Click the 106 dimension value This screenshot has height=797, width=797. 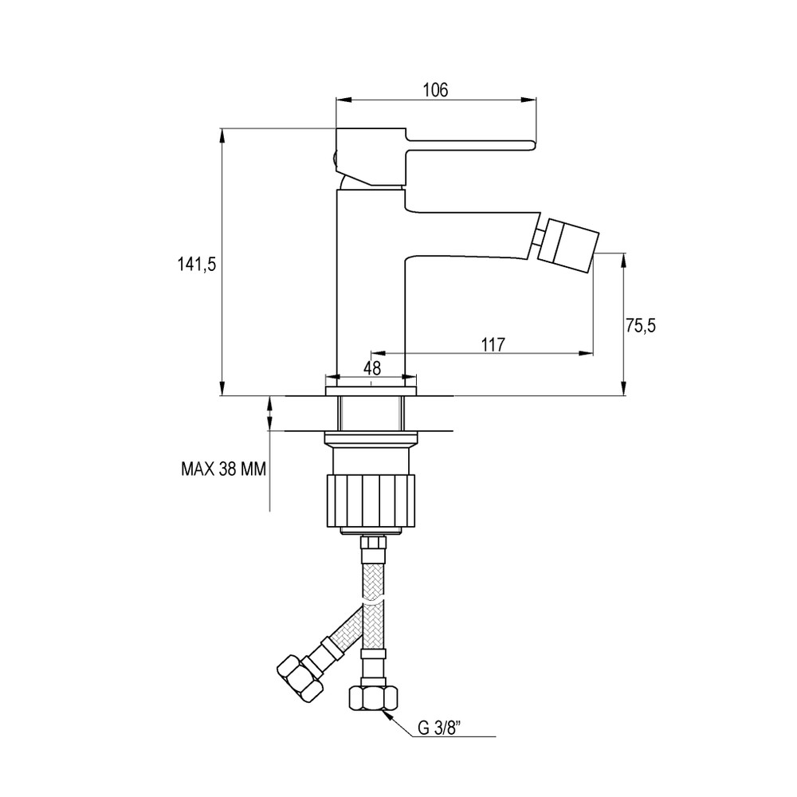coord(435,90)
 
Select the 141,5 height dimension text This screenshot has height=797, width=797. coord(194,265)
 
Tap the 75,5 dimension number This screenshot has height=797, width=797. coord(640,324)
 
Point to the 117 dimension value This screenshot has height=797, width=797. coord(493,344)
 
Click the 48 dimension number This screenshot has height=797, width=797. coord(372,367)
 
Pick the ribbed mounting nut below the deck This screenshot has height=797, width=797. coord(372,501)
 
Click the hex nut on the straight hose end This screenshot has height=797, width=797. coord(371,699)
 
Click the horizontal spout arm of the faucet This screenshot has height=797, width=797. coord(470,234)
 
